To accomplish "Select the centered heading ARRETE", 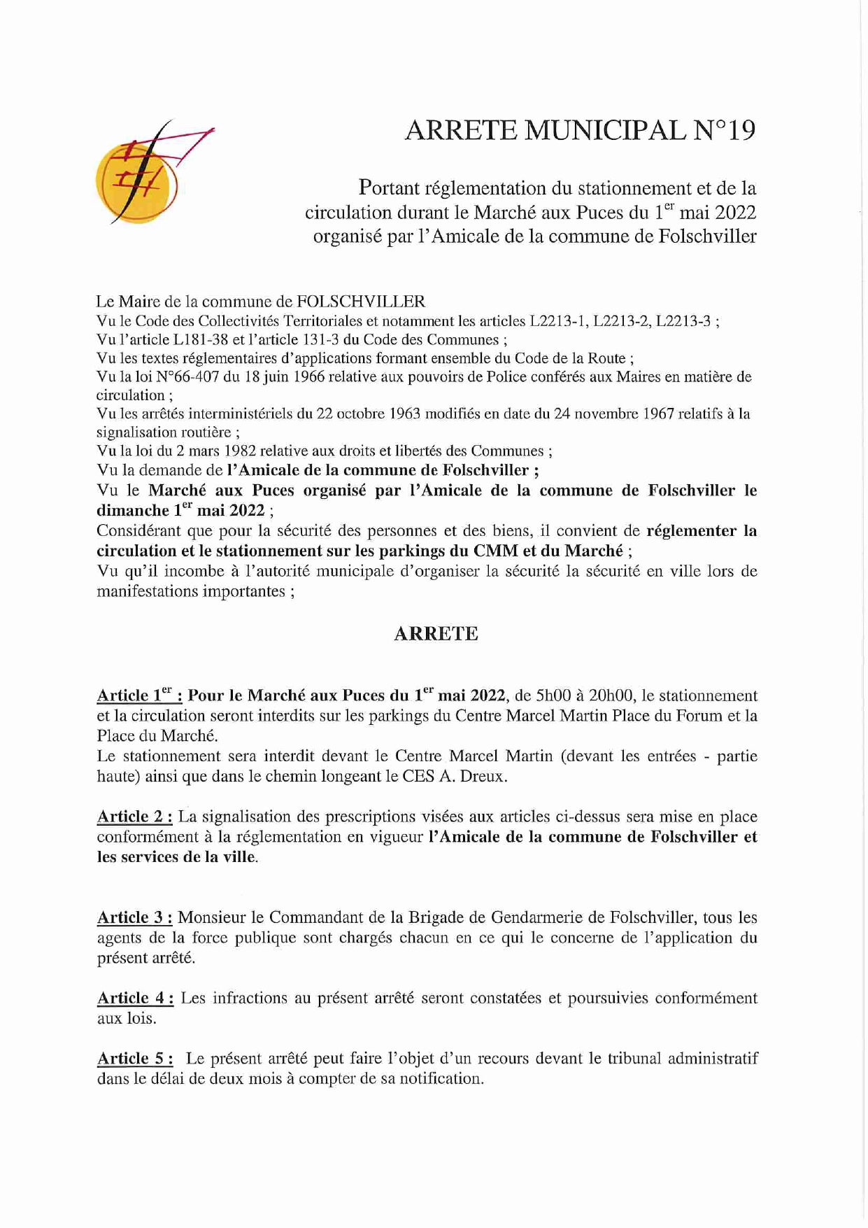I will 436,634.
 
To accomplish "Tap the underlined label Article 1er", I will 139,696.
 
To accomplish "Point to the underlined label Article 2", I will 134,817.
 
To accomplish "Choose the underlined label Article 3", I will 134,917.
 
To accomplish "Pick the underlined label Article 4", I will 135,998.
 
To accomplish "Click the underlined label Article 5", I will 135,1058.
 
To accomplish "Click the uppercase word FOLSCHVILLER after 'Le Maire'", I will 361,302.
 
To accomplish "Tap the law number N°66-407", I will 187,377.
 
